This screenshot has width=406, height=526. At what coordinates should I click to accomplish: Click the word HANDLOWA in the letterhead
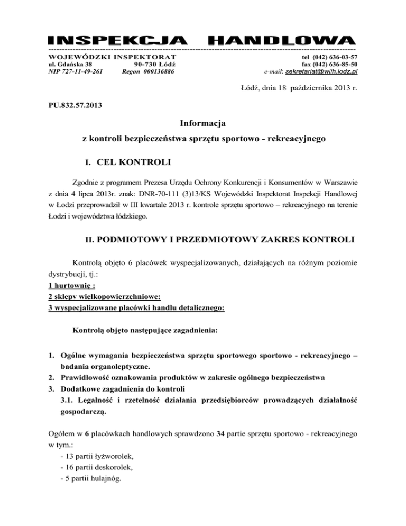281,40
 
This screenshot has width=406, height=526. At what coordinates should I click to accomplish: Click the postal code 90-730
147,64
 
